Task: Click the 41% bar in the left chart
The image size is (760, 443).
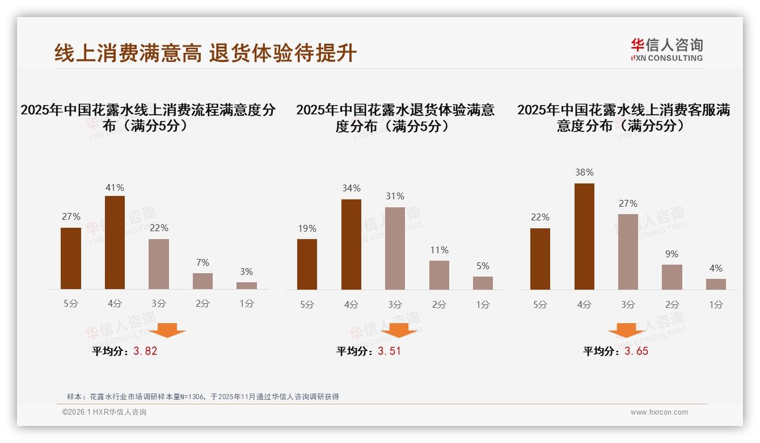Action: (x=115, y=243)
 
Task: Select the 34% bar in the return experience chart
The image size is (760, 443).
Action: (x=351, y=244)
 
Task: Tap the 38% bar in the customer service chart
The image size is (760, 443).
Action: (x=584, y=236)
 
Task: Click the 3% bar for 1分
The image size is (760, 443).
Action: (x=246, y=286)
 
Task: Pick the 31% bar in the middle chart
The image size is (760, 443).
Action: (x=395, y=248)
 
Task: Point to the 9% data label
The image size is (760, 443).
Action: (x=672, y=254)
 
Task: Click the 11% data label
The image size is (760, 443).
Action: (x=439, y=250)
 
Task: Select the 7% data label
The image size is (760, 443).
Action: (x=202, y=262)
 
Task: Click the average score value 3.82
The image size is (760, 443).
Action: (x=145, y=351)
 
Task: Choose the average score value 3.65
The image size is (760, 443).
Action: (x=636, y=351)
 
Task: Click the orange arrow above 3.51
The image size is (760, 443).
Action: (x=399, y=331)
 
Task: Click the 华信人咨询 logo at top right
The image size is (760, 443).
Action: (x=666, y=49)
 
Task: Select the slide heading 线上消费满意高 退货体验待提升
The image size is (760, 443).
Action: (x=205, y=53)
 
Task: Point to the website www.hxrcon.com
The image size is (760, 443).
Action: (x=659, y=412)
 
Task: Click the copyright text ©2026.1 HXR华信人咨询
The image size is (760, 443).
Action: (x=104, y=412)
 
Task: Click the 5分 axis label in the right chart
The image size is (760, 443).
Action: (x=540, y=304)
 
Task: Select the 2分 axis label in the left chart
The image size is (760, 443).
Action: (x=202, y=303)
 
